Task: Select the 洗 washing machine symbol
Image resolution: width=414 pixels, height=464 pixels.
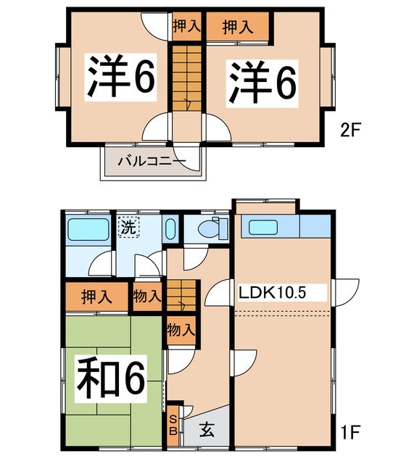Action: point(128,227)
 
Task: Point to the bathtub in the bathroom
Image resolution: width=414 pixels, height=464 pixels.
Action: point(87,231)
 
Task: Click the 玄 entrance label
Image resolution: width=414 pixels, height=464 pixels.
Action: point(206,429)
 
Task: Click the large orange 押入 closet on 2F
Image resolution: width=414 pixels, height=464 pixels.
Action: point(237,28)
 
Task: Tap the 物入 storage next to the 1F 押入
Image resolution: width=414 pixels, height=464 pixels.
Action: point(148,296)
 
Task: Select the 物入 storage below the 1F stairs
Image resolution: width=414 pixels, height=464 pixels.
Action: point(181,330)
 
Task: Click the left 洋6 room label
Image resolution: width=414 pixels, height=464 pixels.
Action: point(122,78)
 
